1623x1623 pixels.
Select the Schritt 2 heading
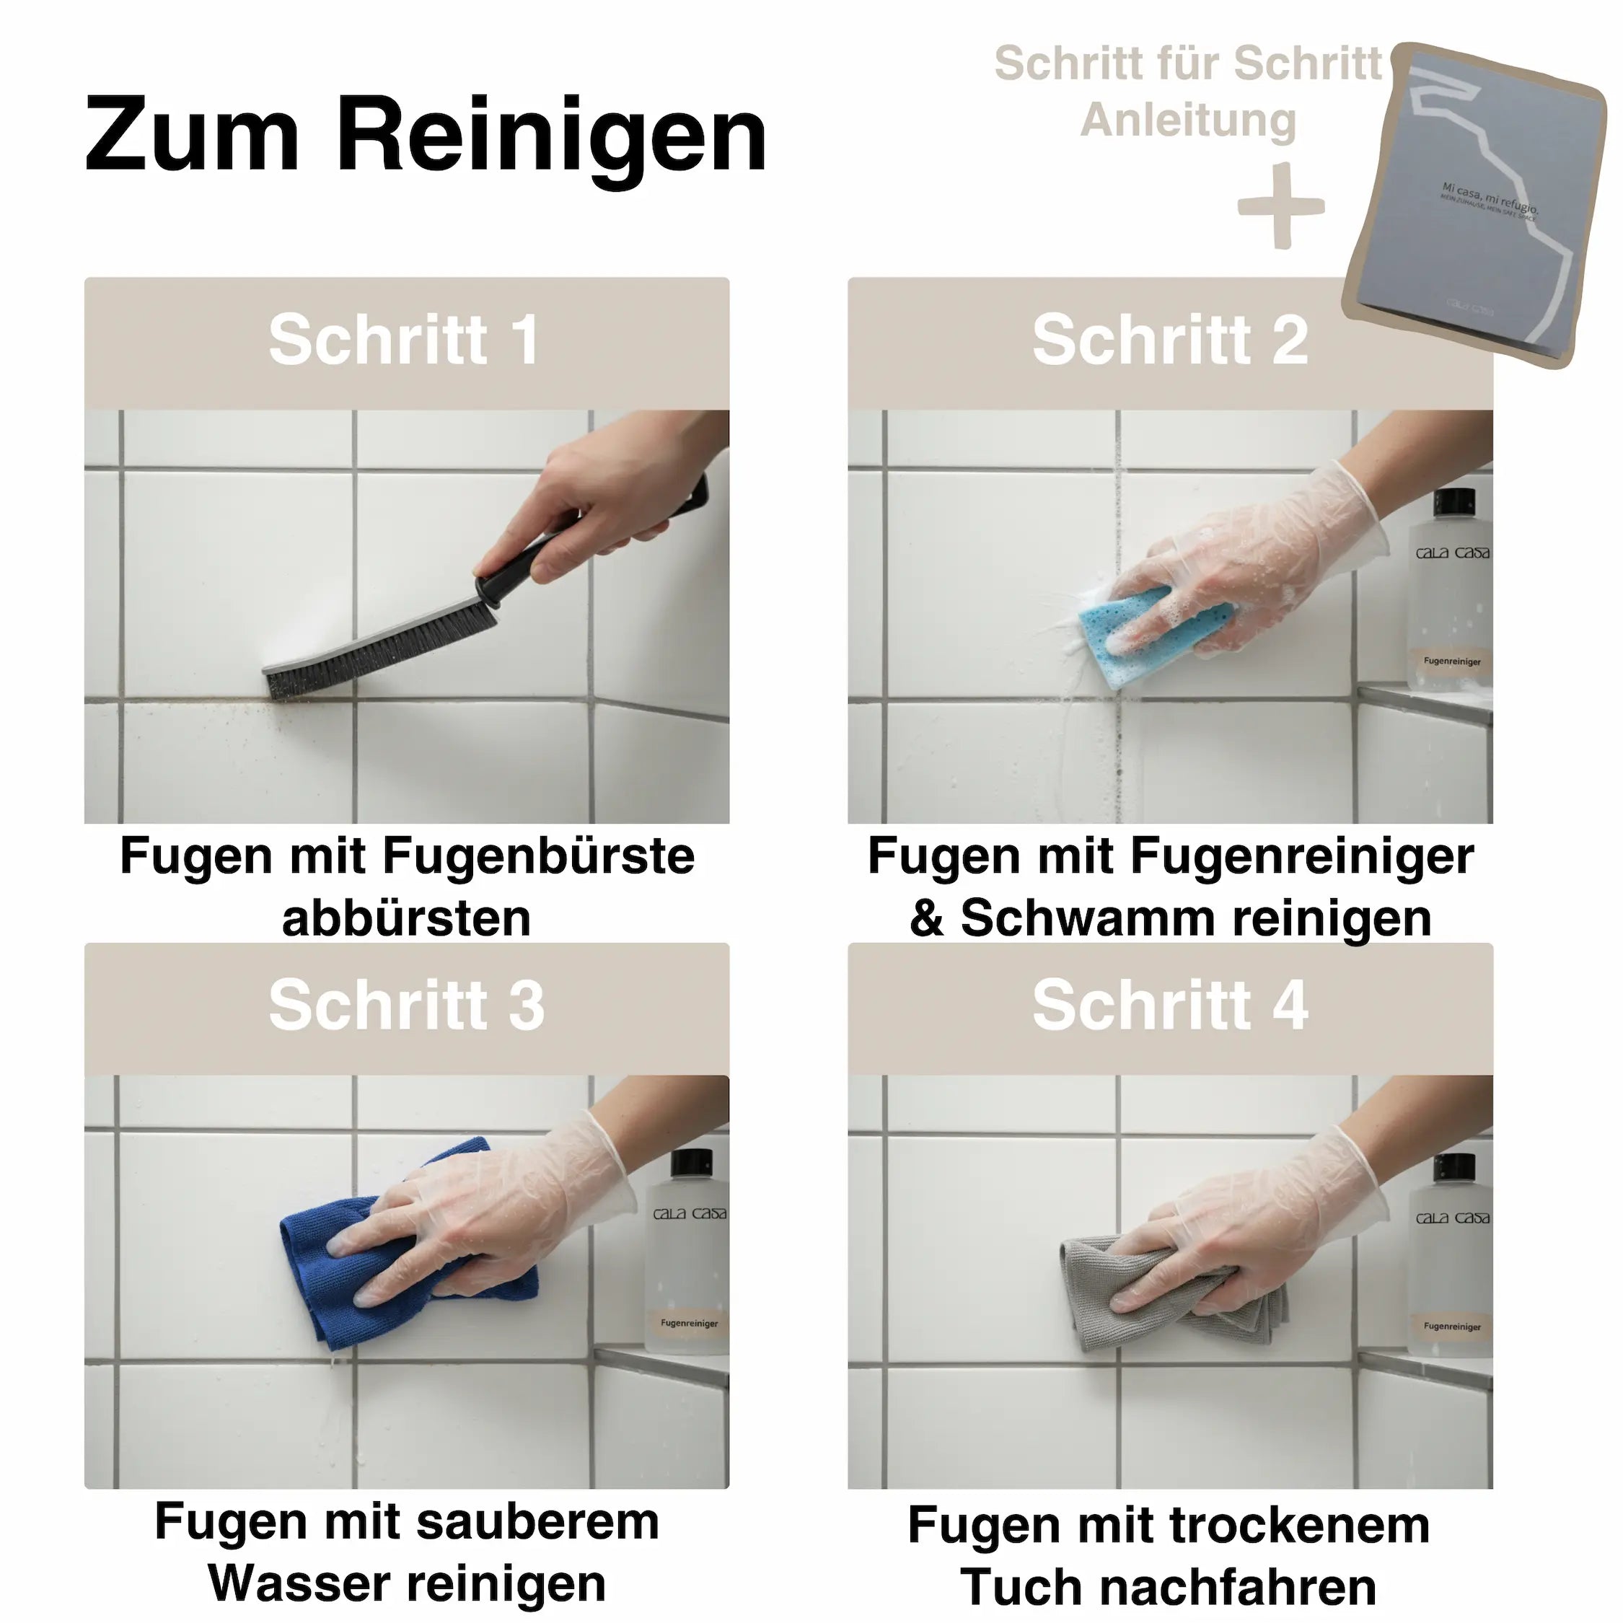click(1169, 340)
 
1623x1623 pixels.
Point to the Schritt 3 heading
click(407, 1005)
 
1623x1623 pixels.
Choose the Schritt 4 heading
click(1169, 1005)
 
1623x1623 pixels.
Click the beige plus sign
click(1280, 206)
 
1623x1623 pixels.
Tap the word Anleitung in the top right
click(1188, 119)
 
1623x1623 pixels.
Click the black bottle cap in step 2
click(1454, 501)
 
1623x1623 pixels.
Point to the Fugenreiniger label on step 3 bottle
click(689, 1324)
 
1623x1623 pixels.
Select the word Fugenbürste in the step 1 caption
click(537, 856)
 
